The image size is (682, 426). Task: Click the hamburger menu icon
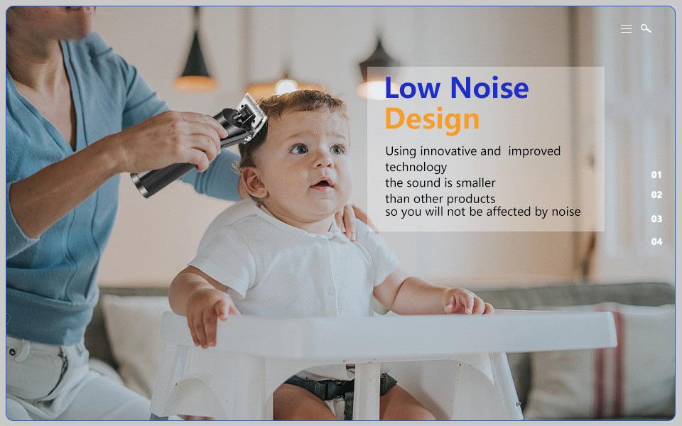[626, 28]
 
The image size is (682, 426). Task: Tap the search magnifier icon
[646, 28]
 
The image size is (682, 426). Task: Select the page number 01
[656, 175]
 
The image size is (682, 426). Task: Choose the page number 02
[656, 195]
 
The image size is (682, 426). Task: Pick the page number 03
[656, 219]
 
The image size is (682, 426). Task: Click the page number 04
[656, 241]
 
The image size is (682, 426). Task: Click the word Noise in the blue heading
[489, 88]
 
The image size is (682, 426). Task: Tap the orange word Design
[432, 119]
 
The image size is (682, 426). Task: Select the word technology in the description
[416, 168]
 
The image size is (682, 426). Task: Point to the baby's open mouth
[323, 183]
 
